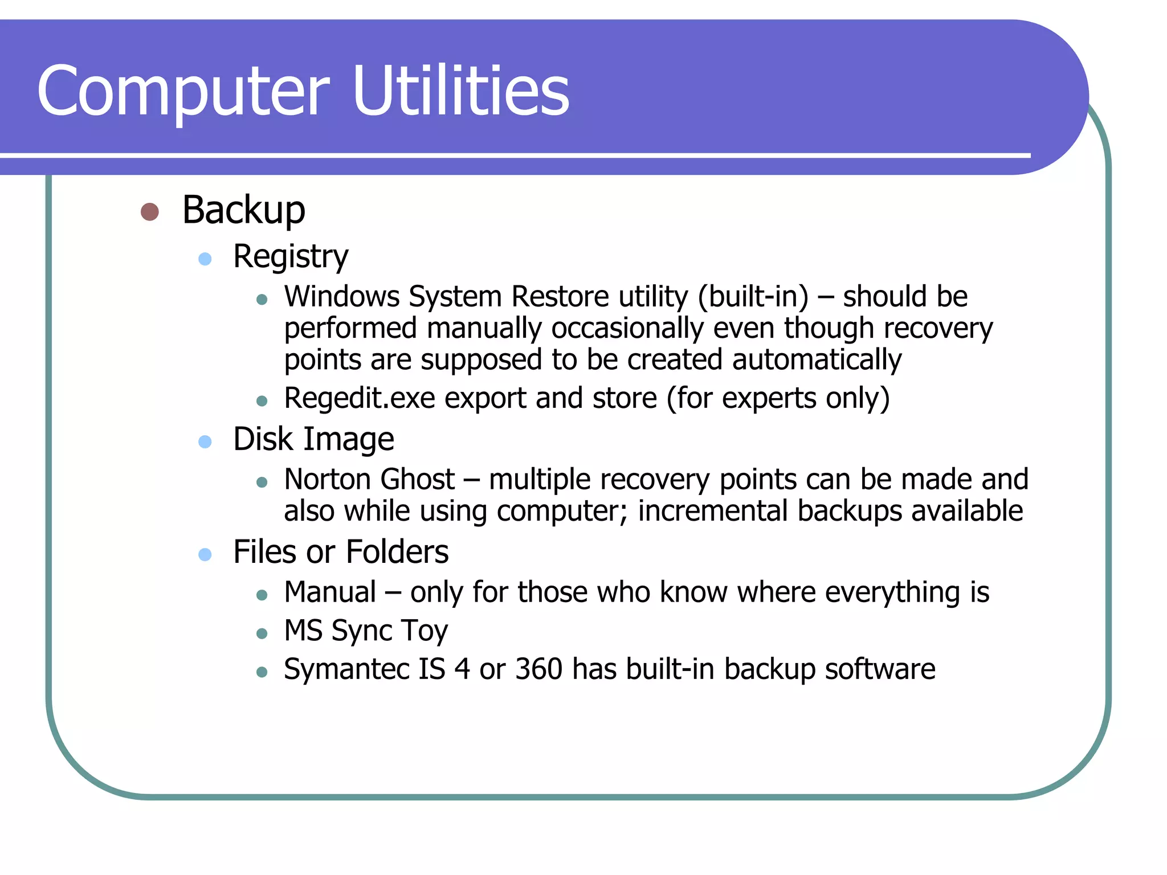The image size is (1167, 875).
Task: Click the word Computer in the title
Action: coord(182,91)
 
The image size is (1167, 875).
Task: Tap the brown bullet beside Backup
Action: coord(149,212)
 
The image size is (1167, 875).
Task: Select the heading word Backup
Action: coord(243,211)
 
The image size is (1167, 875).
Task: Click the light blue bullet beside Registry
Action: coord(205,259)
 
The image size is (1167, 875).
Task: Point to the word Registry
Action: coord(291,256)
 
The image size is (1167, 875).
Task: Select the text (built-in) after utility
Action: coord(753,296)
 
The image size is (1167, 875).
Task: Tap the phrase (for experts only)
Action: coord(778,398)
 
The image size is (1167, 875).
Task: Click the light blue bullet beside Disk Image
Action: coord(205,441)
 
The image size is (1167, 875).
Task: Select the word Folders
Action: coord(397,551)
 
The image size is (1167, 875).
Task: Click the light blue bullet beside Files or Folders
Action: coord(205,554)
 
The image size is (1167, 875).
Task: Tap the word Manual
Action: coord(330,592)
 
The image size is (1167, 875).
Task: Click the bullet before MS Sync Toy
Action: coord(262,633)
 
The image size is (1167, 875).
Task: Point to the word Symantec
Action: coord(346,669)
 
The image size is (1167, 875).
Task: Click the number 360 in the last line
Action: coord(538,669)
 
